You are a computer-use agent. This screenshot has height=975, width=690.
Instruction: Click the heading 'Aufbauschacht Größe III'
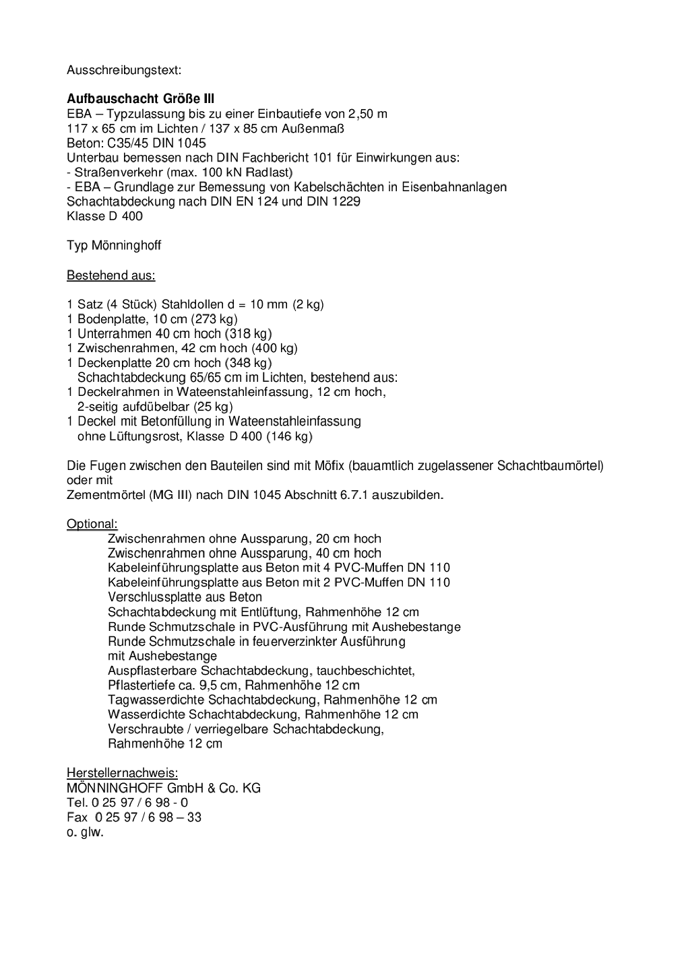point(140,99)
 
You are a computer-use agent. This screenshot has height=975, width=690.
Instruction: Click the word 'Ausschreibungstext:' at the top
point(124,69)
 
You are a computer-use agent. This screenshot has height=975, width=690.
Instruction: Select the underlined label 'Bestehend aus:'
point(111,275)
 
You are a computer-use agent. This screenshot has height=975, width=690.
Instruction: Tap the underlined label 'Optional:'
point(92,524)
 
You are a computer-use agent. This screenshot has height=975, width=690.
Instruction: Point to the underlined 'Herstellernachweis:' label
point(122,773)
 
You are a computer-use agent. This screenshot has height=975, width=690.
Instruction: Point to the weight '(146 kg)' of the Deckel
point(289,436)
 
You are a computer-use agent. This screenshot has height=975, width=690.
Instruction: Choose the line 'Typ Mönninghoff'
point(114,246)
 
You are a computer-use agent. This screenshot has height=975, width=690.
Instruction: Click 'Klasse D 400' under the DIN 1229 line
point(104,216)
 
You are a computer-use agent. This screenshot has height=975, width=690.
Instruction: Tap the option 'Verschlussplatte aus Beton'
point(185,597)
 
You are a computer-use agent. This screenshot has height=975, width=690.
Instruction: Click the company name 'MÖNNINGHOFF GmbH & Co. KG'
point(164,788)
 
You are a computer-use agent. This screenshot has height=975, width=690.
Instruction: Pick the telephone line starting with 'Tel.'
point(127,803)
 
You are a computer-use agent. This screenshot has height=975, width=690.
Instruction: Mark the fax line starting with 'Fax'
point(134,817)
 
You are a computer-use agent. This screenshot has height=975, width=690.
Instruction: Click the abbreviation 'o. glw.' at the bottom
point(85,832)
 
